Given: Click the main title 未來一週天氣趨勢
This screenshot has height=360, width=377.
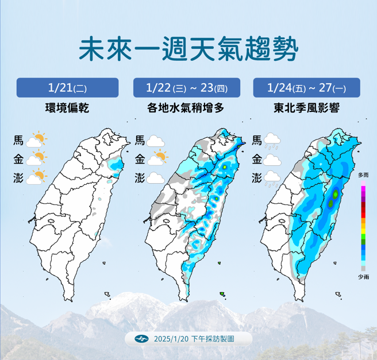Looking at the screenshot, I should pyautogui.click(x=188, y=49).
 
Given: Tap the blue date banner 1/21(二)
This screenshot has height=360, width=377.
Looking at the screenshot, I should pyautogui.click(x=67, y=88).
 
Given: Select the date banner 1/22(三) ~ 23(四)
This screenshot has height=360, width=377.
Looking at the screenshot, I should pyautogui.click(x=188, y=88).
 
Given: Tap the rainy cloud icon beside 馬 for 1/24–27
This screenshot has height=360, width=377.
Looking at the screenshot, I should pyautogui.click(x=273, y=141).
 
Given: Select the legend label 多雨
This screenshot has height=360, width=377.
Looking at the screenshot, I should pyautogui.click(x=363, y=175).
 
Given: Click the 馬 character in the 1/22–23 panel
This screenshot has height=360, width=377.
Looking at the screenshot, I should pyautogui.click(x=140, y=140).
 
